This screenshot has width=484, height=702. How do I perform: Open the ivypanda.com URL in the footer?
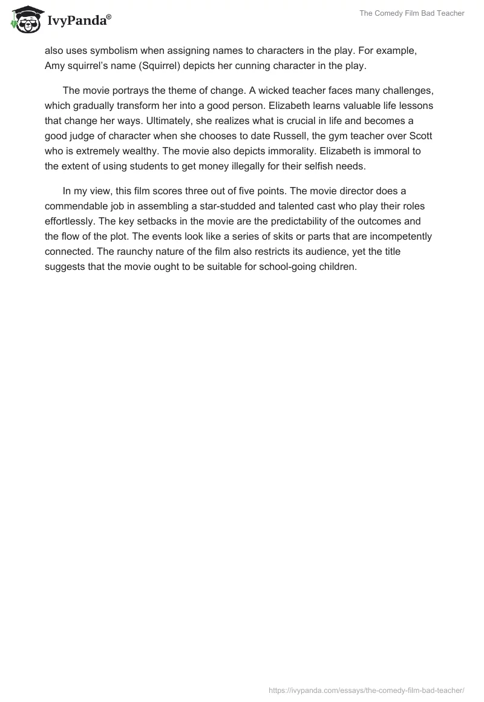point(366,689)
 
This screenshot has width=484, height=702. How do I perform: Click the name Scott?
point(420,134)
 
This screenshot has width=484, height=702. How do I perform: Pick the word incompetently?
point(402,236)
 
